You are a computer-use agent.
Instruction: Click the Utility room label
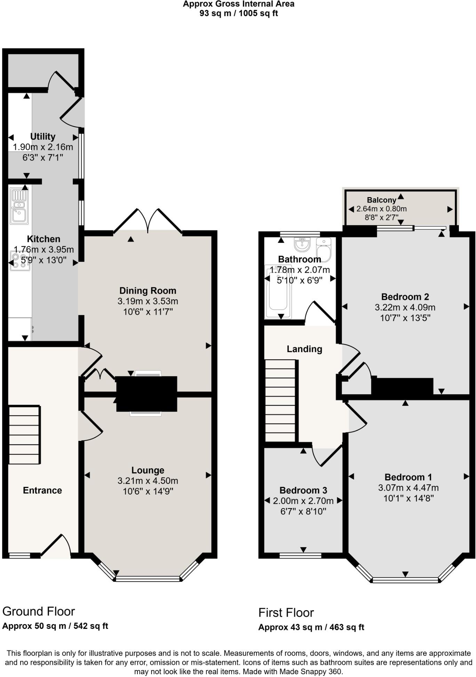tap(43, 137)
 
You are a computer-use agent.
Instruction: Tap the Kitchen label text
tap(43, 239)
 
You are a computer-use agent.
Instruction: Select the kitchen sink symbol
tap(19, 206)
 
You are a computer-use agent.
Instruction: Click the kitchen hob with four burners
tap(20, 261)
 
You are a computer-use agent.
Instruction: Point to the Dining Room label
tap(148, 290)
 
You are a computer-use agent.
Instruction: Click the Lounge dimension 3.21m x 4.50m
tap(148, 481)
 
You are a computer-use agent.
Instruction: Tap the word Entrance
tap(42, 490)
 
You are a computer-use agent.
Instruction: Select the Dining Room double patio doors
tap(148, 220)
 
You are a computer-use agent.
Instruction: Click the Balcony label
tap(381, 200)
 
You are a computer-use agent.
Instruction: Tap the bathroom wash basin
tap(302, 244)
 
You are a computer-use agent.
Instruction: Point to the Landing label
tap(304, 349)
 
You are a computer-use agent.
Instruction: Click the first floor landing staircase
tap(280, 400)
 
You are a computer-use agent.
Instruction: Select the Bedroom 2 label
tap(405, 297)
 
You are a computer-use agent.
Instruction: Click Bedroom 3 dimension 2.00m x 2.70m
tap(303, 501)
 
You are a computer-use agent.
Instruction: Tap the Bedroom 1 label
tap(408, 477)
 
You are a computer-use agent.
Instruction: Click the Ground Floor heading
tap(39, 612)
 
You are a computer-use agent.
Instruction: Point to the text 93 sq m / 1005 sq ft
tap(238, 13)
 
